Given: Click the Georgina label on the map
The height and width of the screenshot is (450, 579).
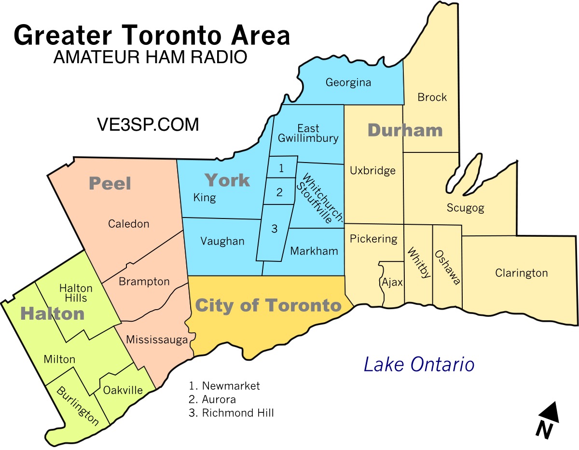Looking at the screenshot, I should coord(348,82).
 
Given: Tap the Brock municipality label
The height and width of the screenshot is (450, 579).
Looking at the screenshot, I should coord(432,97).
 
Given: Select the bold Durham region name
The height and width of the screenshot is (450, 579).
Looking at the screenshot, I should coord(405,130).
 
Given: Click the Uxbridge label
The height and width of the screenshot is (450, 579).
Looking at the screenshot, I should coord(372,170).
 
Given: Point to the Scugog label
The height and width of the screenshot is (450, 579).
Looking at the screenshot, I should coord(465,208).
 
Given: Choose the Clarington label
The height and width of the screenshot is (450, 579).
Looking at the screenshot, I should coord(521,273).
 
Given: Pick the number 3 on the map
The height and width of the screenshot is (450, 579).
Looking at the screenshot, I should coord(274,229).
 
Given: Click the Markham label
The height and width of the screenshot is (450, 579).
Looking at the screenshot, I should coord(314,251).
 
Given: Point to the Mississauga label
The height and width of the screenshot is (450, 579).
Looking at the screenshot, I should coord(157,340).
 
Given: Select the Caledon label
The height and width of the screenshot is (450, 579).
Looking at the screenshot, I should coord(128,224).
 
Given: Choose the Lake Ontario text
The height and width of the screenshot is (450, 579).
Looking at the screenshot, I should coord(419,365).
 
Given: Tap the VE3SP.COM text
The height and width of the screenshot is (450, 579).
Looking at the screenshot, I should coord(147,125).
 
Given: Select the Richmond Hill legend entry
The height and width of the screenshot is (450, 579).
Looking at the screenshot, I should coord(232,413).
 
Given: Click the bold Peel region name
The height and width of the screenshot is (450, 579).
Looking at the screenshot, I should coord(110,183).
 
